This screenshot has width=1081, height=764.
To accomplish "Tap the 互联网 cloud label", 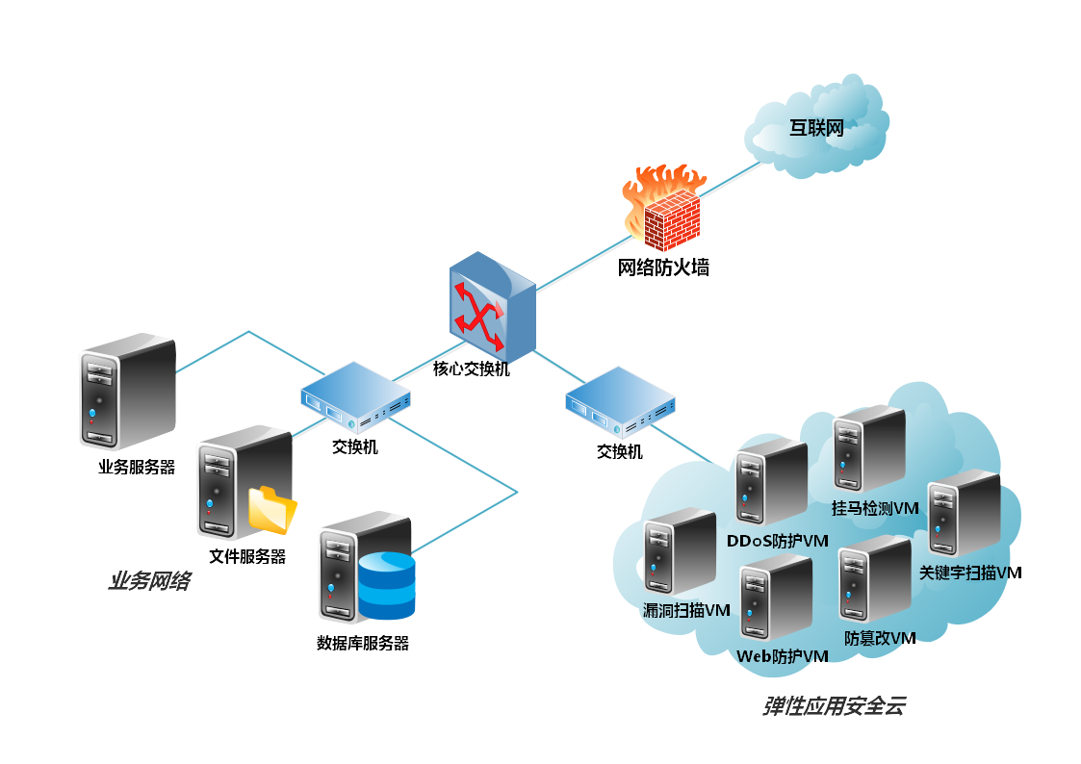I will click(x=816, y=129).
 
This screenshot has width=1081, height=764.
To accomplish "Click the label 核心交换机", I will click(x=471, y=369).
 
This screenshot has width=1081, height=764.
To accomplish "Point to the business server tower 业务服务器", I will click(x=127, y=391).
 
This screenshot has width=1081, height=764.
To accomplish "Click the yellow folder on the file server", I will click(x=272, y=509).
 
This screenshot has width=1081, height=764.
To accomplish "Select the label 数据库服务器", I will click(x=363, y=643).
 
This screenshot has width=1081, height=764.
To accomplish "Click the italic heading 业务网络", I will click(x=148, y=582).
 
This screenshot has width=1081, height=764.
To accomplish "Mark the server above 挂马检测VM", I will click(x=869, y=450).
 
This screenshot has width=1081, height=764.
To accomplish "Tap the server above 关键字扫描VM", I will click(x=965, y=515).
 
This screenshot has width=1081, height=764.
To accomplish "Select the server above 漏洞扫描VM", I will click(x=680, y=555).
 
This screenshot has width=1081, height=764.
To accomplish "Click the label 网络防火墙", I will click(x=663, y=268).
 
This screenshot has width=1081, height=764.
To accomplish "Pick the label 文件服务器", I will click(x=247, y=556).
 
